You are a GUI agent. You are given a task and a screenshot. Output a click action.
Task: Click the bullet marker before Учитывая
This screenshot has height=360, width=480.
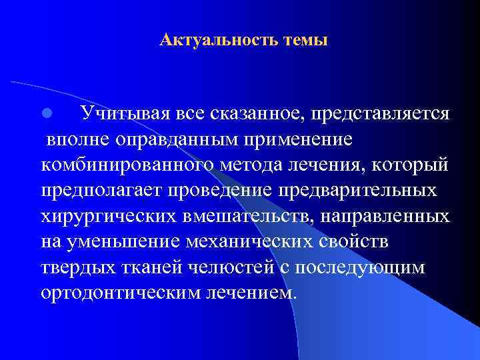47,115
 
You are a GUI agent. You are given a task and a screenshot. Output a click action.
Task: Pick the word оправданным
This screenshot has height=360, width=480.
180,140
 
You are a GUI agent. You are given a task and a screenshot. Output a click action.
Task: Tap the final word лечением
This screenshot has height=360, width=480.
255,292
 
